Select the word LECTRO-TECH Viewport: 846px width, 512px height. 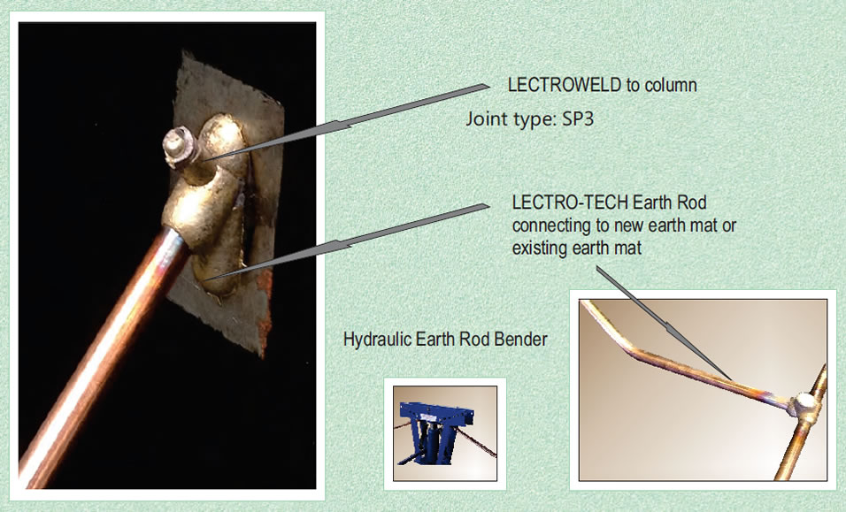click(570, 203)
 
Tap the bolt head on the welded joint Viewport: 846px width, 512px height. click(179, 142)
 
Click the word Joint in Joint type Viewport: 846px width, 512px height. click(488, 118)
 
